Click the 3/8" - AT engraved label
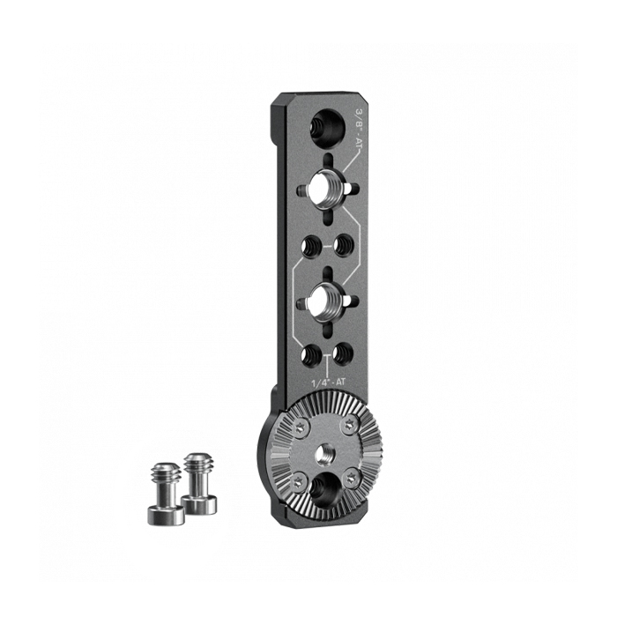[x=358, y=126]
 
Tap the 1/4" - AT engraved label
[x=328, y=381]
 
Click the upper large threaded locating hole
[x=327, y=189]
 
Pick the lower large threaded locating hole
[x=327, y=301]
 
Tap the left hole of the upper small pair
[x=311, y=246]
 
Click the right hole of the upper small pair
[x=344, y=246]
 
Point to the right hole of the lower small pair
[x=343, y=353]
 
